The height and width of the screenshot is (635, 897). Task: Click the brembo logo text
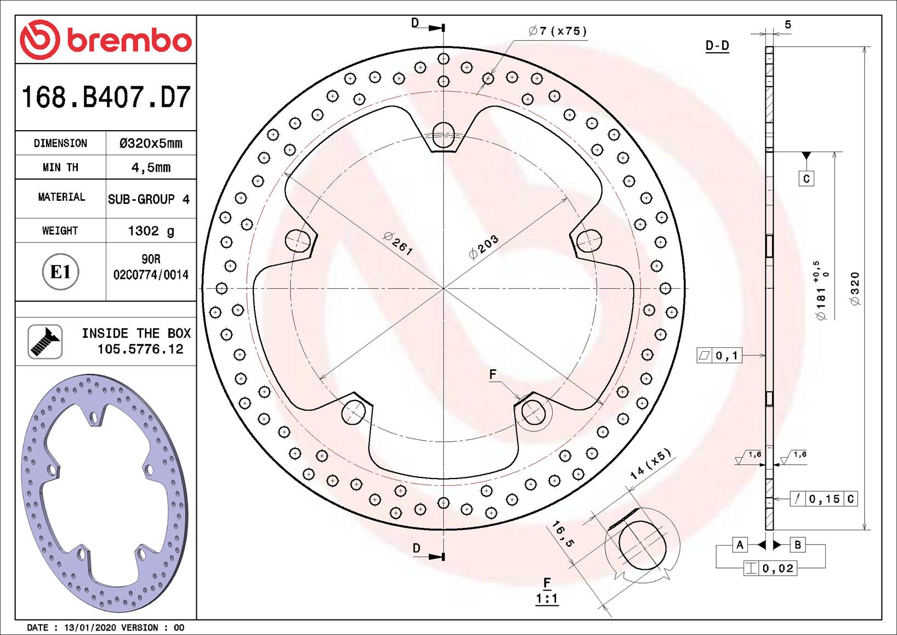pos(129,40)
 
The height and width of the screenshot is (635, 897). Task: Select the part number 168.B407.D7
pos(106,97)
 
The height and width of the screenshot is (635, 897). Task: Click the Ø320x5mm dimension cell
pos(151,143)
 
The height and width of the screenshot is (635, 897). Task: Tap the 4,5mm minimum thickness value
pos(151,167)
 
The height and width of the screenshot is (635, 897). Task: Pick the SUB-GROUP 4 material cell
pos(149,199)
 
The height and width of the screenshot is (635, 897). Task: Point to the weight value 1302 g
pos(151,231)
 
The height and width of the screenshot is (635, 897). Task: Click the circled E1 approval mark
pos(60,272)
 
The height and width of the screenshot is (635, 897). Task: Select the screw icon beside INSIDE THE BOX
pos(45,341)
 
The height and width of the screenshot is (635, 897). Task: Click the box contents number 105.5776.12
pos(140,349)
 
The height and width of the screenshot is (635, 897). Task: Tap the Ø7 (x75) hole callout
pos(558,31)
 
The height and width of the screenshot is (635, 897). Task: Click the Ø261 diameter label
pos(398,243)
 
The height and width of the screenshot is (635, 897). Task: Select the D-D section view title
pos(717,46)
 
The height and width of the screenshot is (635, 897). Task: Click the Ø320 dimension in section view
pos(855,288)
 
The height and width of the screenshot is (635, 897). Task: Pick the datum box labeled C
pos(806,179)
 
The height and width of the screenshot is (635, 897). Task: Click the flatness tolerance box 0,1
pos(719,356)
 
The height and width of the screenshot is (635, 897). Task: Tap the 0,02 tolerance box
pos(770,569)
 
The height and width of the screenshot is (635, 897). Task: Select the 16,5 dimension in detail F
pos(563,534)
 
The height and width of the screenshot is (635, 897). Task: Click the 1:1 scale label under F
pos(547,598)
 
